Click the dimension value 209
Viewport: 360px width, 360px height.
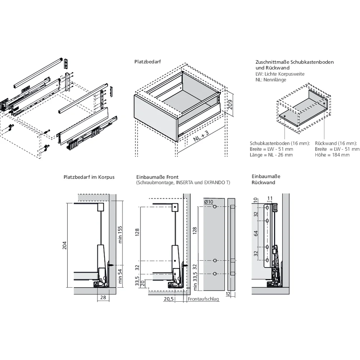[230, 104]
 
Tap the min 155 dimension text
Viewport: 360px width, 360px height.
[120, 234]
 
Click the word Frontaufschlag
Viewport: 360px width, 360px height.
[203, 299]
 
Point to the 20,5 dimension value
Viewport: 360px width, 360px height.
[169, 299]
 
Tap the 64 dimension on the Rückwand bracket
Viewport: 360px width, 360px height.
[256, 233]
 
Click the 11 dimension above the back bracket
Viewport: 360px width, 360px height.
[270, 198]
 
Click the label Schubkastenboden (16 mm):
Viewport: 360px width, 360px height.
[279, 143]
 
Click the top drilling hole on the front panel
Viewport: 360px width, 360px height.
[215, 207]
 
